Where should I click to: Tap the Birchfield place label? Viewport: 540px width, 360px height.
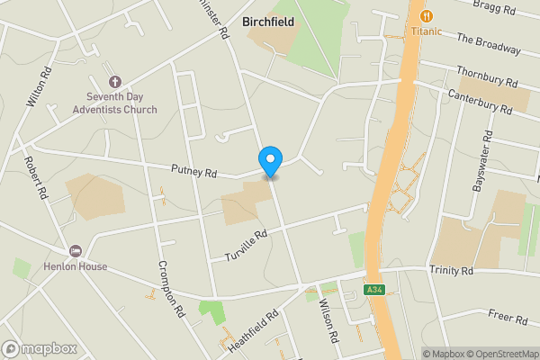[268, 22]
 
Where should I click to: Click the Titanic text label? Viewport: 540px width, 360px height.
[427, 31]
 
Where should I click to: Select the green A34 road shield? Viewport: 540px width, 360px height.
[377, 290]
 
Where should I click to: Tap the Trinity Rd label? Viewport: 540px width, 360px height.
[451, 271]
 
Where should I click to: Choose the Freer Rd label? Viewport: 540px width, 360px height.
[508, 317]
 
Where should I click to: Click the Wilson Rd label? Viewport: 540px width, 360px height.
[328, 322]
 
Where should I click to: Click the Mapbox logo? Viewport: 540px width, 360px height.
[39, 348]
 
